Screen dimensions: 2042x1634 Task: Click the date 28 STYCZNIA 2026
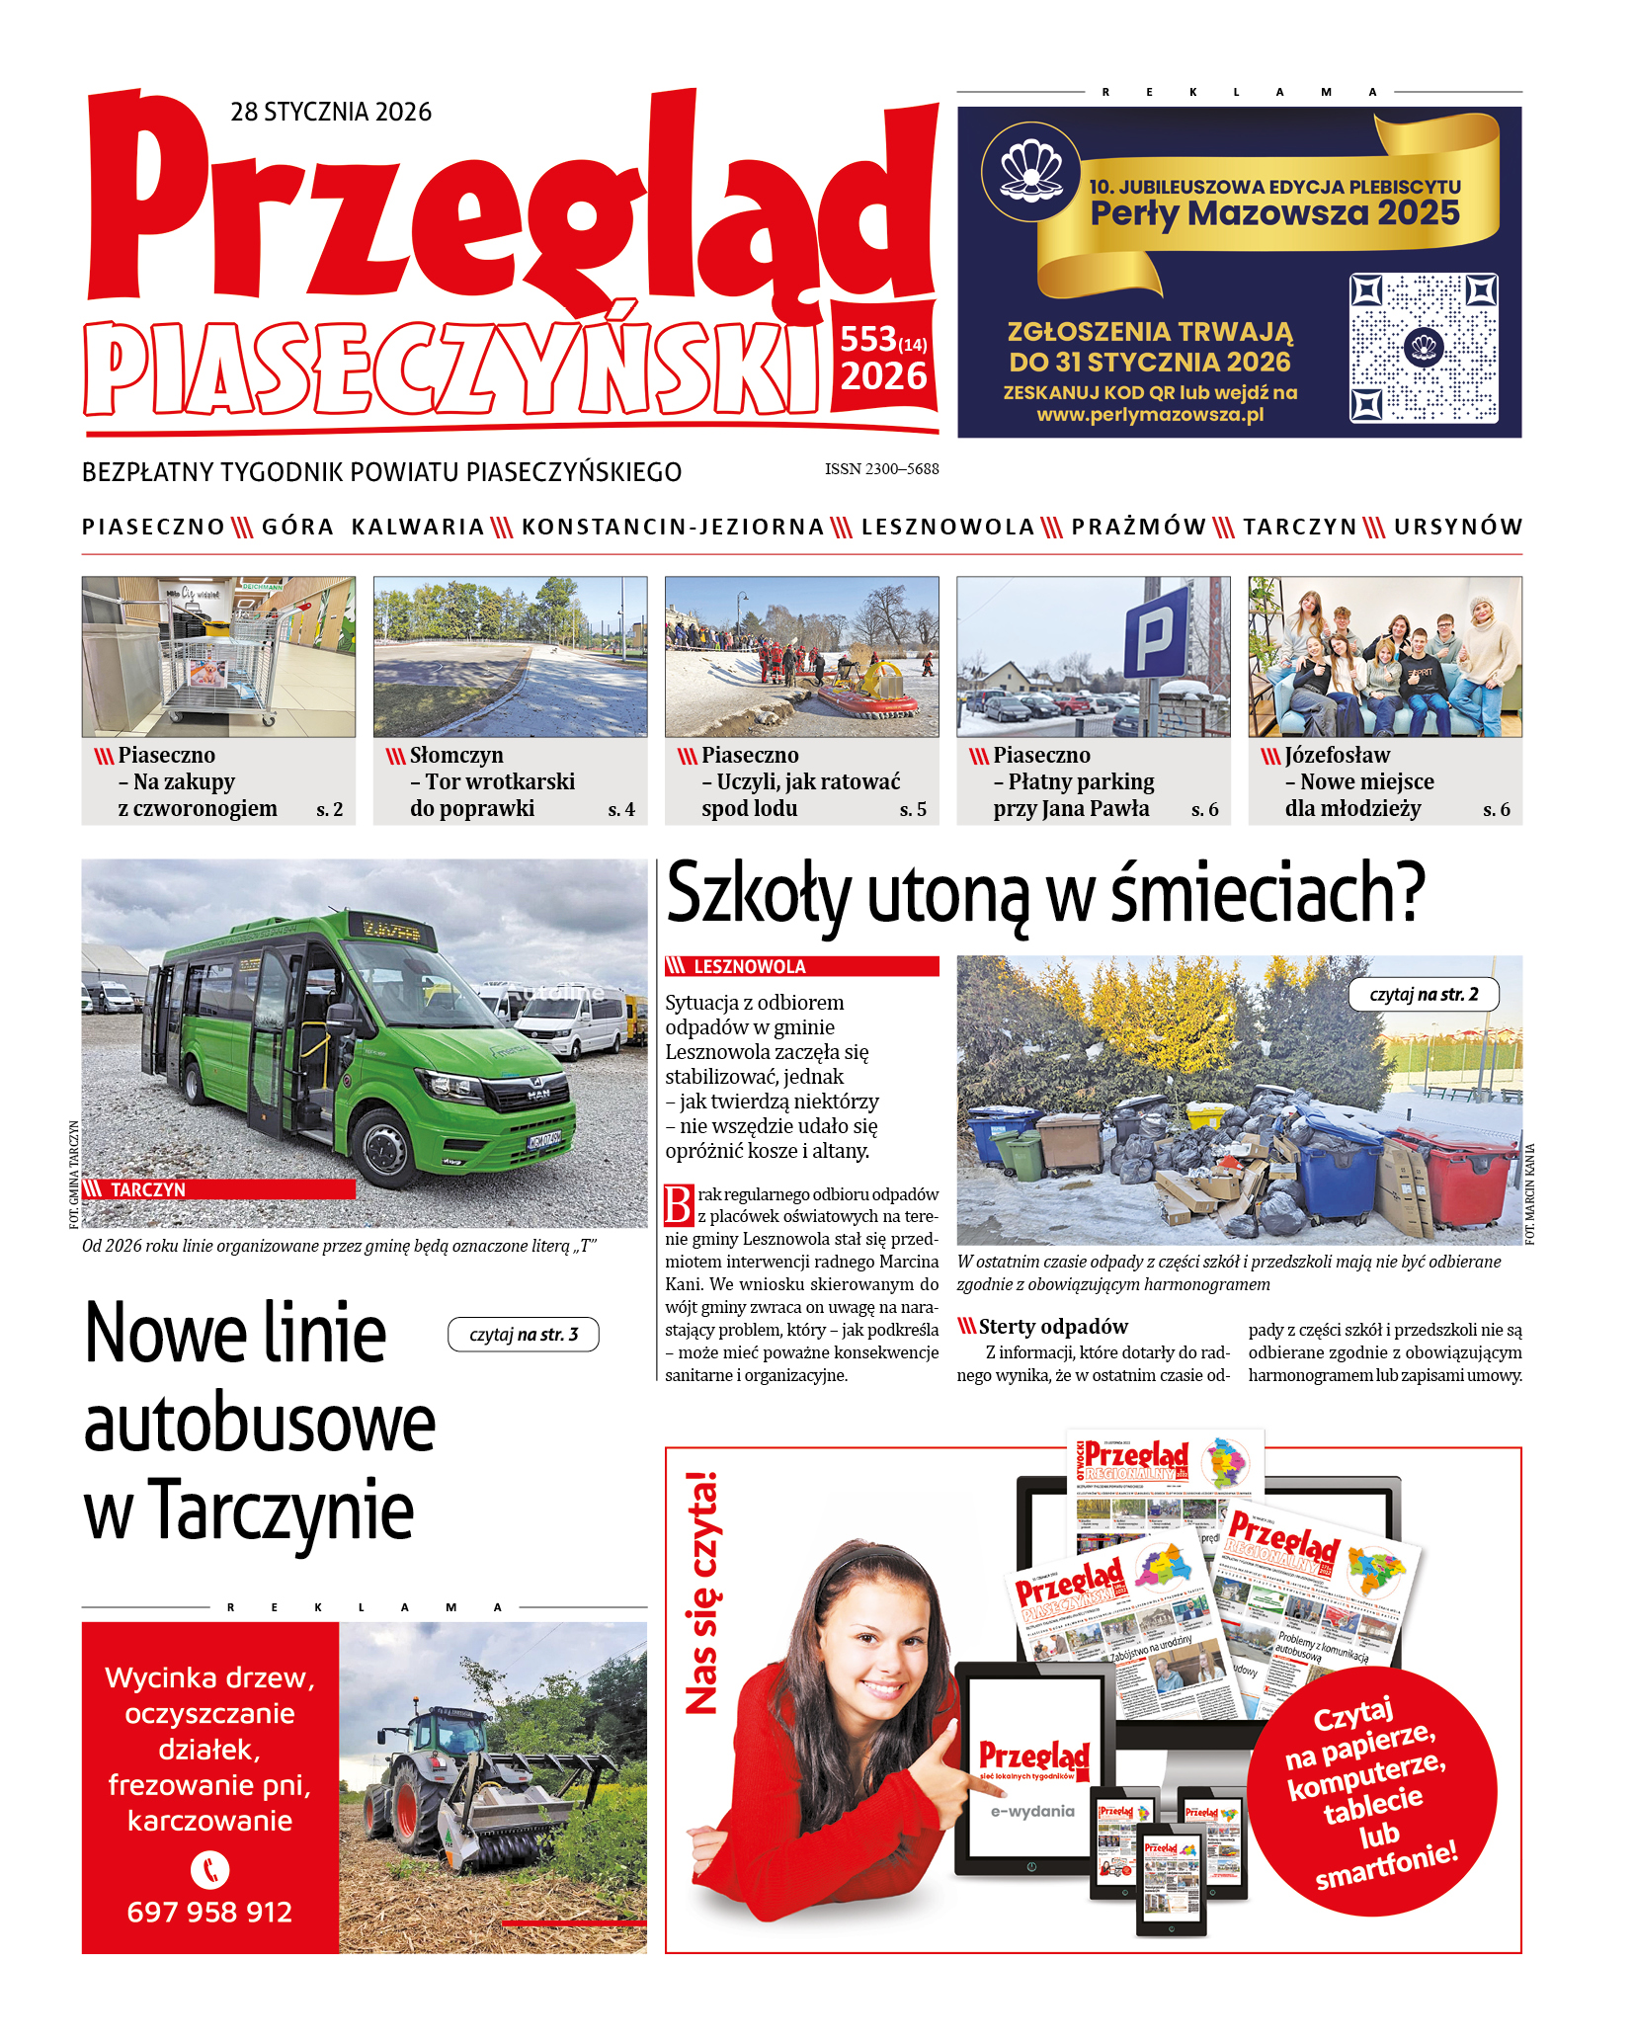click(331, 112)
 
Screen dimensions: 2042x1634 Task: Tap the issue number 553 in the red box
click(868, 340)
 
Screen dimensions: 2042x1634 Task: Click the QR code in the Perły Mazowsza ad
click(1424, 348)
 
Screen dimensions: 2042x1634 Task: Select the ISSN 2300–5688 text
click(881, 469)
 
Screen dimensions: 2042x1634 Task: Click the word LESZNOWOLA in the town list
click(947, 528)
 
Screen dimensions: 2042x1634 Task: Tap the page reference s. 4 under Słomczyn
click(621, 810)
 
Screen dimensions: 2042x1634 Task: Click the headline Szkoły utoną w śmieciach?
click(1045, 893)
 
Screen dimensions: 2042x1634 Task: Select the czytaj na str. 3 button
click(523, 1335)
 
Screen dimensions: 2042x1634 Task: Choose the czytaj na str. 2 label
click(1424, 995)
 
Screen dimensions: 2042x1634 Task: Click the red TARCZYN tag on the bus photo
click(217, 1189)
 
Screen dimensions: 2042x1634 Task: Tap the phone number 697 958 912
click(209, 1913)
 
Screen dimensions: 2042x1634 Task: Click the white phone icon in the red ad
click(209, 1870)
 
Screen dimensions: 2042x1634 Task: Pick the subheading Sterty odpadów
click(1052, 1327)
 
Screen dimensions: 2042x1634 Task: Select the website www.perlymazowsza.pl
click(1150, 415)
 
